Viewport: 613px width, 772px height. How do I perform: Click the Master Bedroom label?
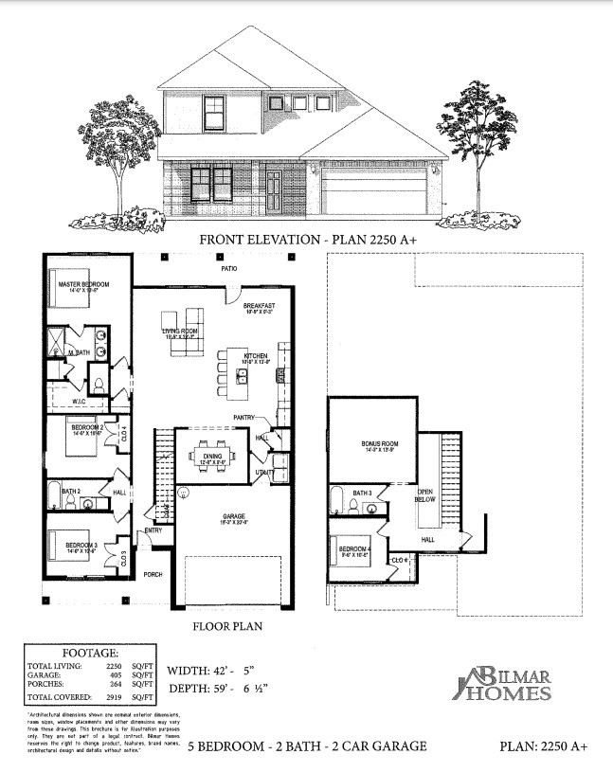tap(83, 284)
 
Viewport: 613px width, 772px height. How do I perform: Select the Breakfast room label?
tap(259, 306)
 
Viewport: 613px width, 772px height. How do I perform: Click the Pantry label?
tap(247, 417)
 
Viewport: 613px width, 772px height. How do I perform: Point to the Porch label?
tap(153, 574)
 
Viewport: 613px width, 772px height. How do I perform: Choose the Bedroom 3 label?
tap(81, 546)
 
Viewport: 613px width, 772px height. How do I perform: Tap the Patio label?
tap(229, 270)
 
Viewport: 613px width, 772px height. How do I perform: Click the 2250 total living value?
tap(113, 667)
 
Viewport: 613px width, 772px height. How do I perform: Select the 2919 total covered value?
tap(113, 698)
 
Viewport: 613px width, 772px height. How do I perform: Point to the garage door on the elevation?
tap(373, 192)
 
